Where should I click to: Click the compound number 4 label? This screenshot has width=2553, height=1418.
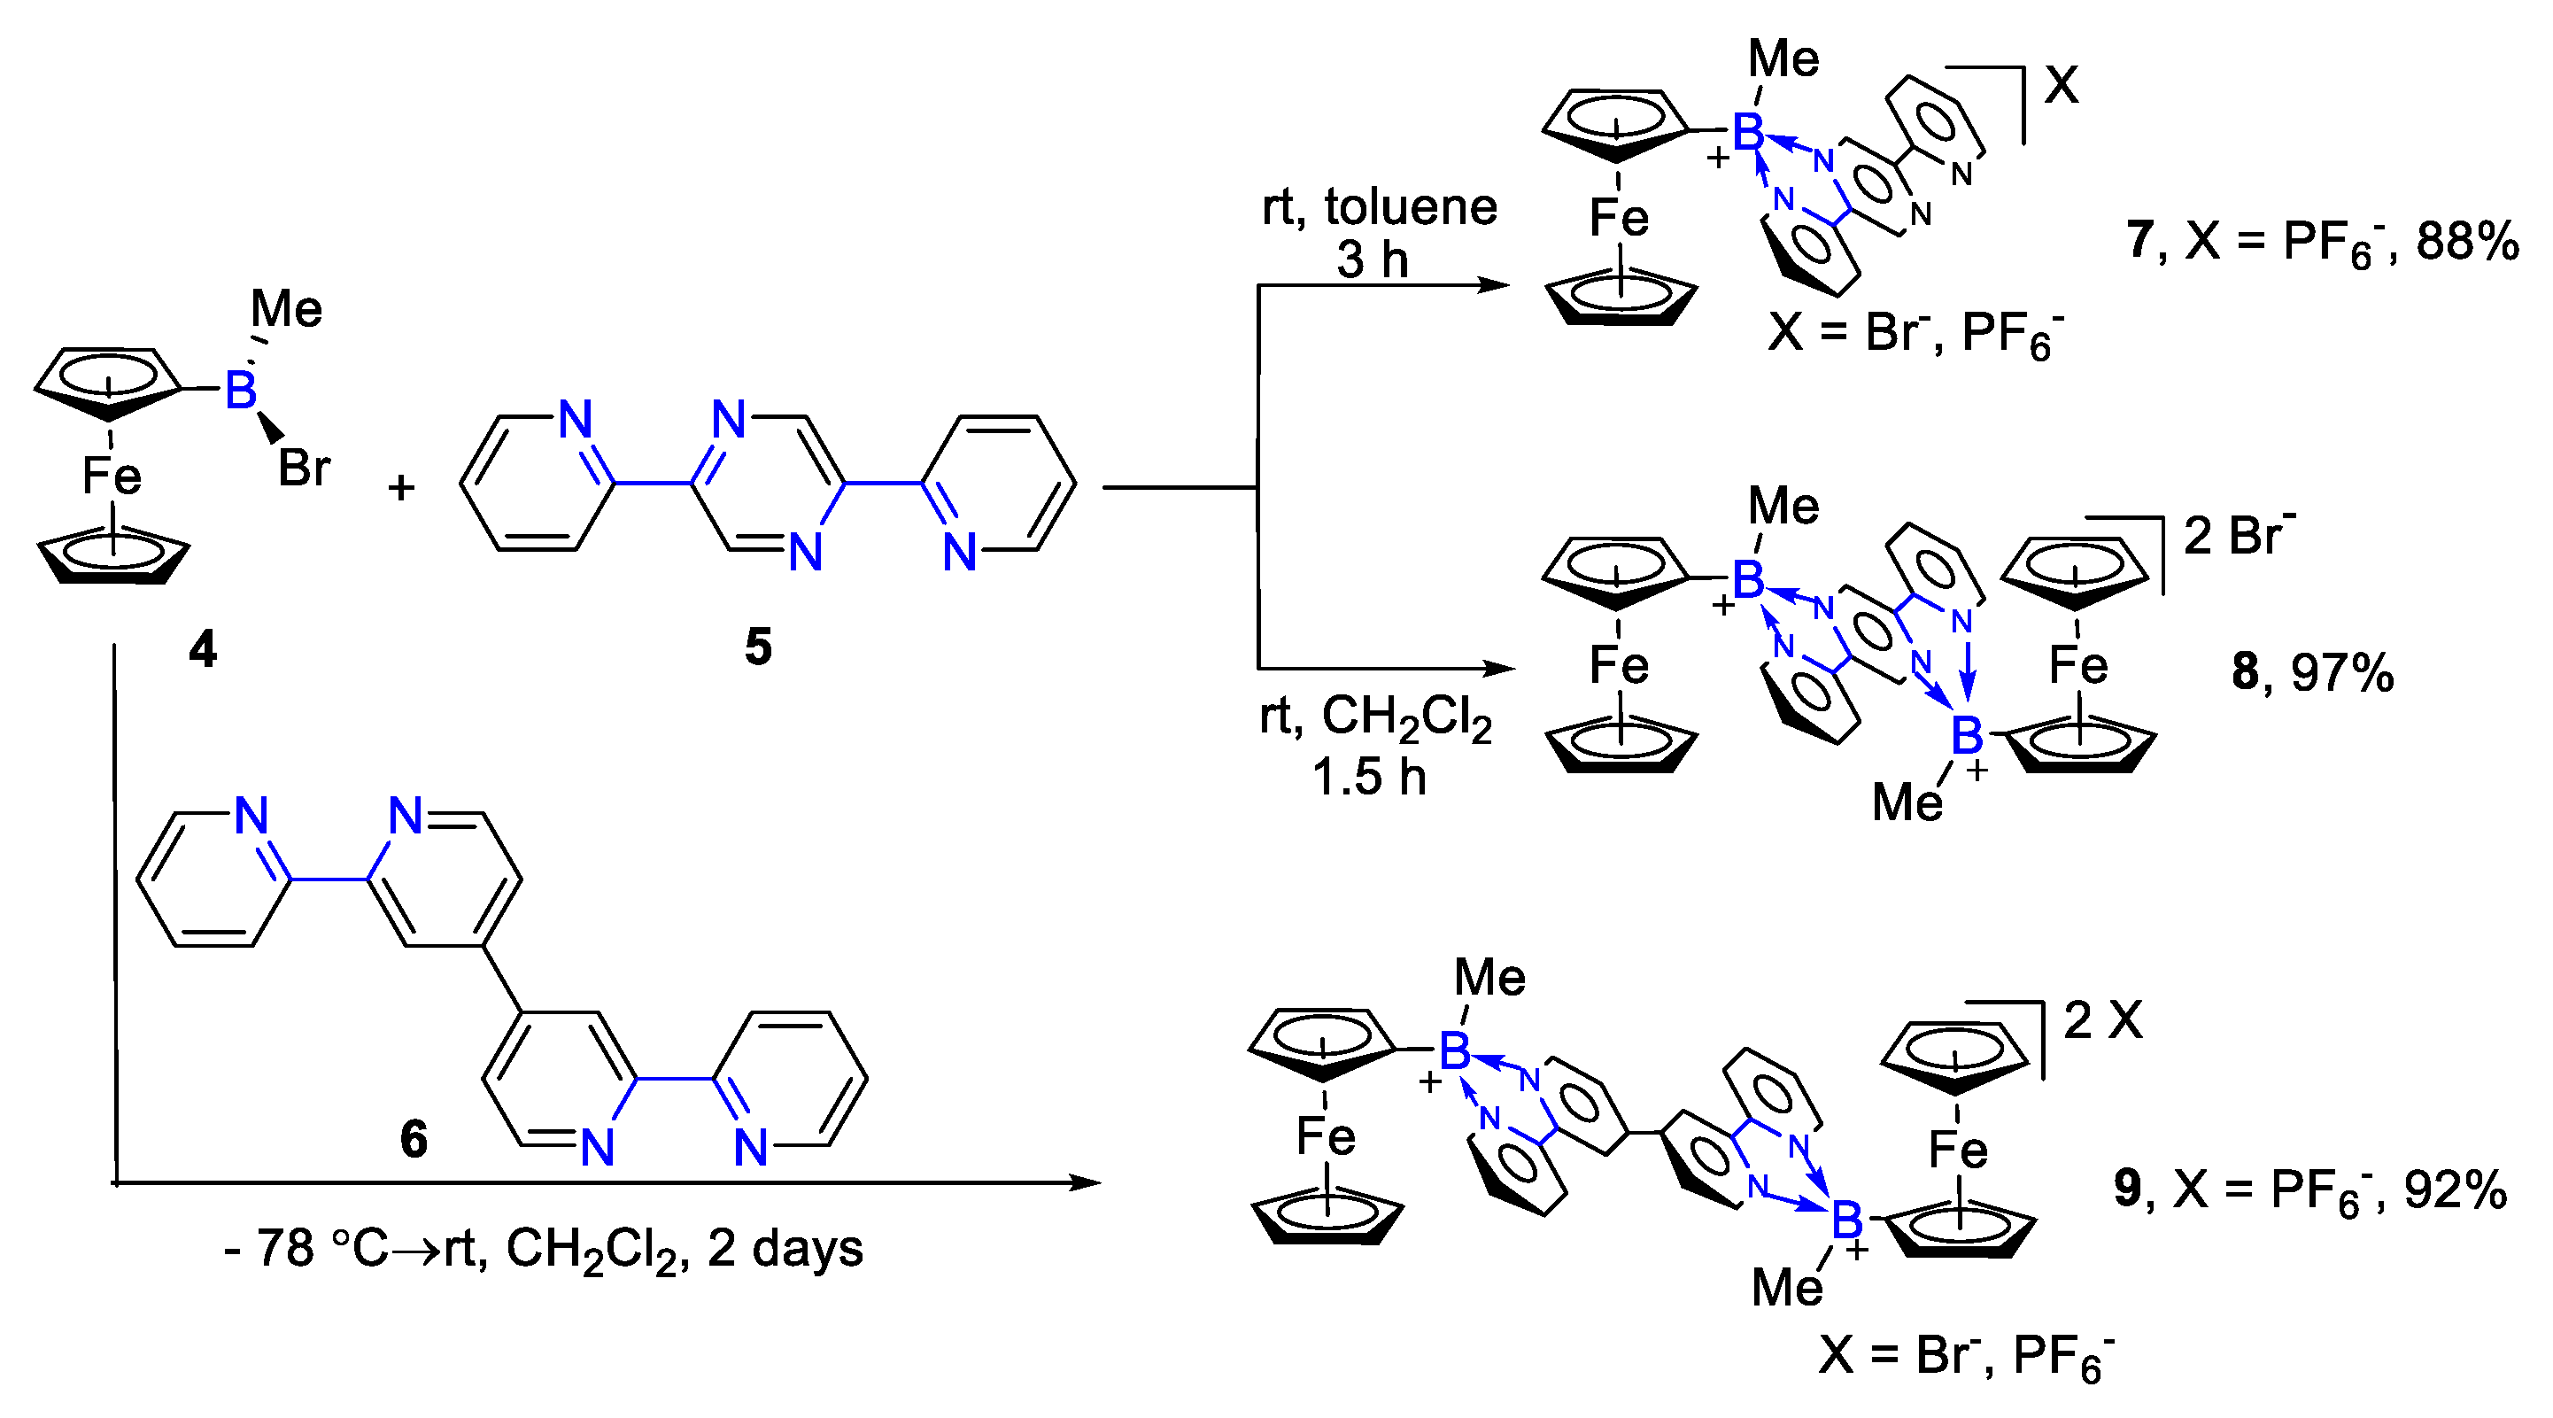[x=203, y=650]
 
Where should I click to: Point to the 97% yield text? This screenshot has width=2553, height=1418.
[x=2343, y=673]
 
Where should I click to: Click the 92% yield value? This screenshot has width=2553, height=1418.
[x=2455, y=1190]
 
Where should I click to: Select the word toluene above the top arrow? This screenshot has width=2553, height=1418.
[x=1412, y=207]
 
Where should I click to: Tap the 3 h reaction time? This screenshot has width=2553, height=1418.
[x=1373, y=260]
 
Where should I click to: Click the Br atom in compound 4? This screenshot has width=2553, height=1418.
[x=303, y=468]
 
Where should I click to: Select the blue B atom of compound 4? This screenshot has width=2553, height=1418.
[x=241, y=390]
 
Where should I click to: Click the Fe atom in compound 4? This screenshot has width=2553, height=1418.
[x=111, y=476]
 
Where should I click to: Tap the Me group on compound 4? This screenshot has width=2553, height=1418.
[x=286, y=308]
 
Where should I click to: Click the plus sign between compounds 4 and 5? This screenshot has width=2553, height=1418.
[x=400, y=487]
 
